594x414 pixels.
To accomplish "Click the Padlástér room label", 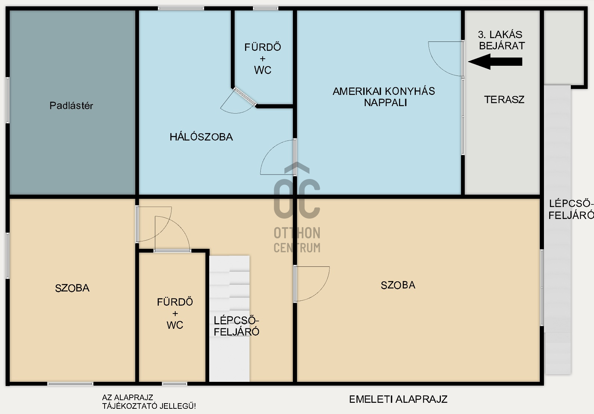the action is click(71, 106).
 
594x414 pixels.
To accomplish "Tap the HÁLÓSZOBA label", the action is click(201, 137).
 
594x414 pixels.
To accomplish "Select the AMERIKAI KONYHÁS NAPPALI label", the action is click(384, 97).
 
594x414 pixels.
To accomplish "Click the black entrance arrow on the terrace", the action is click(495, 62).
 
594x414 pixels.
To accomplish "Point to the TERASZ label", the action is click(504, 100).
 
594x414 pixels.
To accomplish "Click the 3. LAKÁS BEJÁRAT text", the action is click(502, 40).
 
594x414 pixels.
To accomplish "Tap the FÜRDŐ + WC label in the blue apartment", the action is click(263, 59).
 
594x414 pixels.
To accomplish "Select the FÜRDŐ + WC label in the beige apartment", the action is click(175, 313).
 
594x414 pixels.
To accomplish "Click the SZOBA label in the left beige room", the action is click(72, 288).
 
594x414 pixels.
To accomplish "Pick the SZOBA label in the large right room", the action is click(398, 285).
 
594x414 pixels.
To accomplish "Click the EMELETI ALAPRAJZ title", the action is click(398, 399).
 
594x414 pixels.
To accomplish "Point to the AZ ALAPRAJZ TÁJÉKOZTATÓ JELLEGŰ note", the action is click(149, 402).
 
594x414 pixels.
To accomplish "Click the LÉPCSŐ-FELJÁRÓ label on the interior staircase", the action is click(236, 326).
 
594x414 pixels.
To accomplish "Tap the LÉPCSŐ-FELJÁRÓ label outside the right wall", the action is click(571, 209).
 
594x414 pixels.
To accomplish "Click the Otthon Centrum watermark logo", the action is click(297, 207).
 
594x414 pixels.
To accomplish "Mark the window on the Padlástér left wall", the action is click(8, 100).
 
